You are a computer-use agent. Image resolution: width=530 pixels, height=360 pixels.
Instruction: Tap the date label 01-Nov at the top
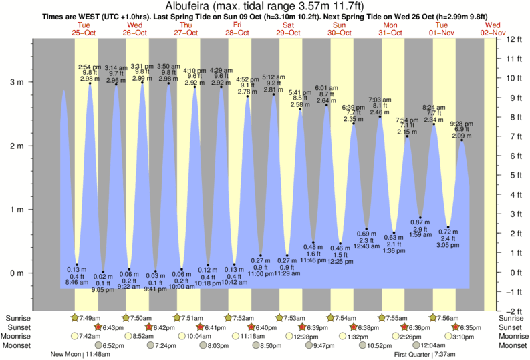[442, 32]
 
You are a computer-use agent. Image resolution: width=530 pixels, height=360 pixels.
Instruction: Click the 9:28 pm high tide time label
[461, 124]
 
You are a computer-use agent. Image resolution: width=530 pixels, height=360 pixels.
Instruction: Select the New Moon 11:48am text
[80, 355]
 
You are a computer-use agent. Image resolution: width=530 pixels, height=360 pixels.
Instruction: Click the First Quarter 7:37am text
[425, 355]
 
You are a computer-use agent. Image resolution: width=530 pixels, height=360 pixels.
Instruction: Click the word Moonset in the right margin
[513, 345]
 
